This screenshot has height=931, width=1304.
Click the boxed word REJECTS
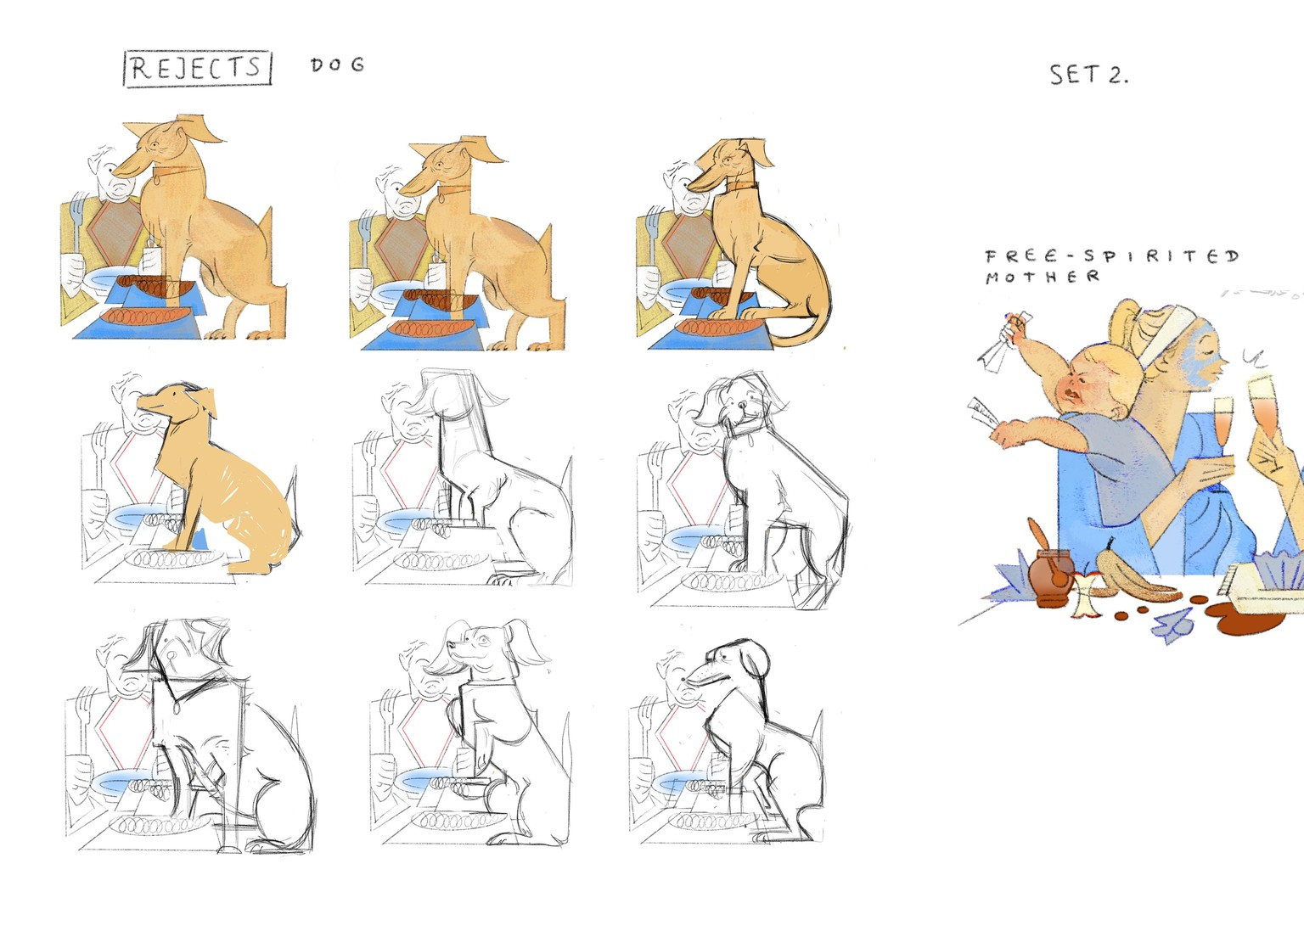(197, 69)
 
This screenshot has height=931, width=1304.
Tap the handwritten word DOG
(338, 64)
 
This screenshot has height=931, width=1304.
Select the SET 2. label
(1088, 75)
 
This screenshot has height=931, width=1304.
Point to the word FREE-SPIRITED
(1112, 256)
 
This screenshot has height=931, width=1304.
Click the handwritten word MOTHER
(1043, 277)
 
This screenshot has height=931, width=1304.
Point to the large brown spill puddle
(1245, 618)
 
